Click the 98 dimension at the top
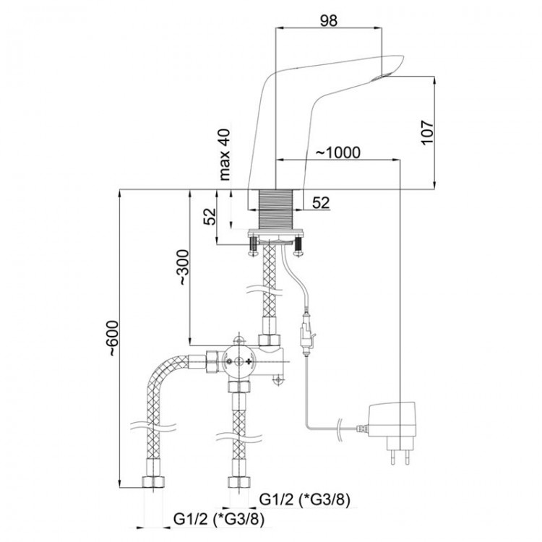328,21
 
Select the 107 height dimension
428,133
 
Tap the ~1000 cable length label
338,152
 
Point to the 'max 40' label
224,155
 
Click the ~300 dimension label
184,267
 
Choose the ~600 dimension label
112,338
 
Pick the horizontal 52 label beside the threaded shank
321,202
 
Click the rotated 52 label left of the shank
210,216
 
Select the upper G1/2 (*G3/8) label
304,499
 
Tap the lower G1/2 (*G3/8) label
219,519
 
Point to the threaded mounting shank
276,208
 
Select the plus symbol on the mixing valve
249,361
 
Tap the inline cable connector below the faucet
306,334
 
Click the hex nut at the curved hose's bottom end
153,481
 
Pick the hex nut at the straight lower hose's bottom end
239,481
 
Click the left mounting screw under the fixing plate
254,246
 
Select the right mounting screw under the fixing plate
298,246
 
